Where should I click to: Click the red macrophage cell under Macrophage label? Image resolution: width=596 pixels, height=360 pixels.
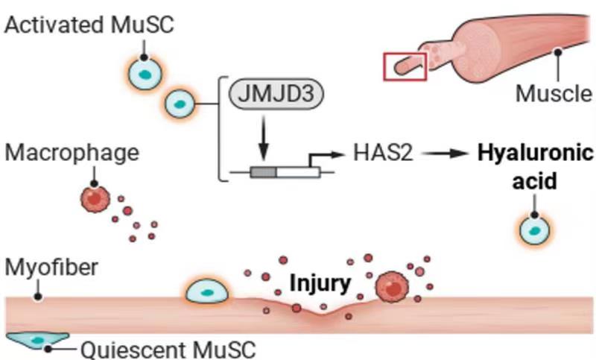point(94,199)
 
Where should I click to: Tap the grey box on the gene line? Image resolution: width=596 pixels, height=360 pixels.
point(262,173)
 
